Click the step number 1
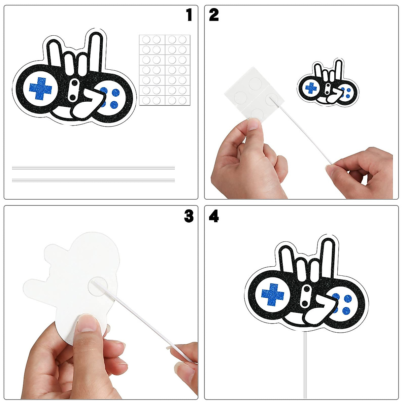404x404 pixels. pos(189,15)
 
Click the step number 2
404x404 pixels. pos(214,15)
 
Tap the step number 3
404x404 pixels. pos(189,216)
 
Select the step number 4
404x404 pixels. pos(214,216)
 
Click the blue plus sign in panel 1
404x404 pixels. pos(40,89)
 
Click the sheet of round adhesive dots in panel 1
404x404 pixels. pos(165,70)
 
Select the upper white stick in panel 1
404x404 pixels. pos(93,168)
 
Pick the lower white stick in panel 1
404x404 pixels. pos(93,180)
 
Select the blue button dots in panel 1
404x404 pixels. pos(110,97)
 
